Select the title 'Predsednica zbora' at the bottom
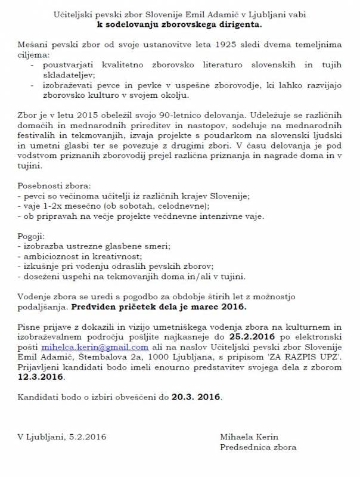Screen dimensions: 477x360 coord(258,447)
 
